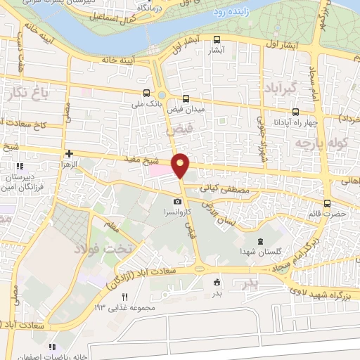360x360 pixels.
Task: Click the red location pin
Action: coord(181,165)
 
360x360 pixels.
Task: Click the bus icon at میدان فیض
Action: coord(186,99)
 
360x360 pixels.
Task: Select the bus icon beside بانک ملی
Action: coord(146,93)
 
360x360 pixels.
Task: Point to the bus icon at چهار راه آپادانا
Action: coord(295,111)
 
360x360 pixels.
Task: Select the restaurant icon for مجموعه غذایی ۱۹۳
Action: coord(125,297)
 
